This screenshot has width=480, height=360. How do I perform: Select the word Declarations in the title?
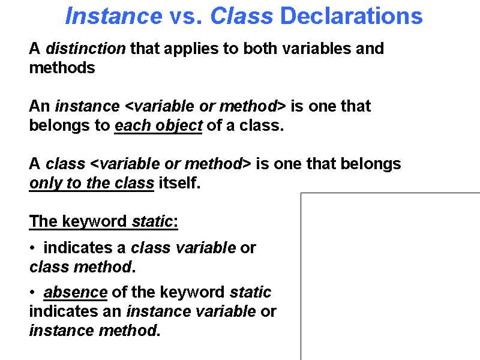tap(351, 16)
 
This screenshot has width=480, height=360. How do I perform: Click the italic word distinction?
tap(86, 49)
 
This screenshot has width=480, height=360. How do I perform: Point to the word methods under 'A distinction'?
tap(62, 68)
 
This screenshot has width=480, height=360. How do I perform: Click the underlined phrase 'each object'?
tap(158, 126)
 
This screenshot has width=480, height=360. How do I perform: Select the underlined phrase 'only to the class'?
tap(91, 184)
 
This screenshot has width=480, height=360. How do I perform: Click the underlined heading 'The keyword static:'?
tap(103, 222)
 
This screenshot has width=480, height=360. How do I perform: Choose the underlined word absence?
tap(76, 293)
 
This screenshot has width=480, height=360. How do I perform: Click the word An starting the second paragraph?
tap(40, 107)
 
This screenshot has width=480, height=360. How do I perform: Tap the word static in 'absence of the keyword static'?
tap(250, 293)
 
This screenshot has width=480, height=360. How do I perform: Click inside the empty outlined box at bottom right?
tap(390, 276)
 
